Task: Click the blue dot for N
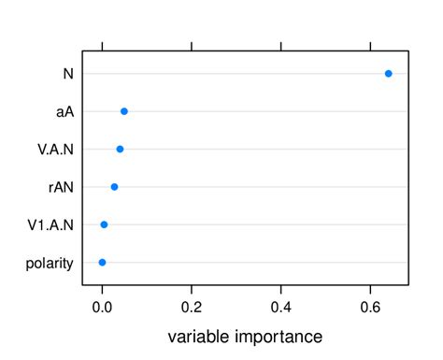click(389, 73)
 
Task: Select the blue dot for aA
click(124, 111)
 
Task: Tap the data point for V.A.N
click(120, 149)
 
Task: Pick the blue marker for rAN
click(114, 187)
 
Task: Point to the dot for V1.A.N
click(104, 224)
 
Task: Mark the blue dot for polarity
click(102, 263)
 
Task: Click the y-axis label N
click(67, 74)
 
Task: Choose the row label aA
click(64, 111)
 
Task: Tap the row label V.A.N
click(55, 150)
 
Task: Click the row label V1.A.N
click(51, 225)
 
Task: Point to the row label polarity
click(50, 264)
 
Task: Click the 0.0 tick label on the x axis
click(102, 305)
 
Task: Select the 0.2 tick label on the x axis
click(192, 305)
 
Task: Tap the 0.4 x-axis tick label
click(281, 305)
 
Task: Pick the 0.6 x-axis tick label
click(371, 305)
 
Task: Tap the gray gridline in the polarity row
click(252, 263)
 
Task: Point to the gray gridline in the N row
click(234, 73)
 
